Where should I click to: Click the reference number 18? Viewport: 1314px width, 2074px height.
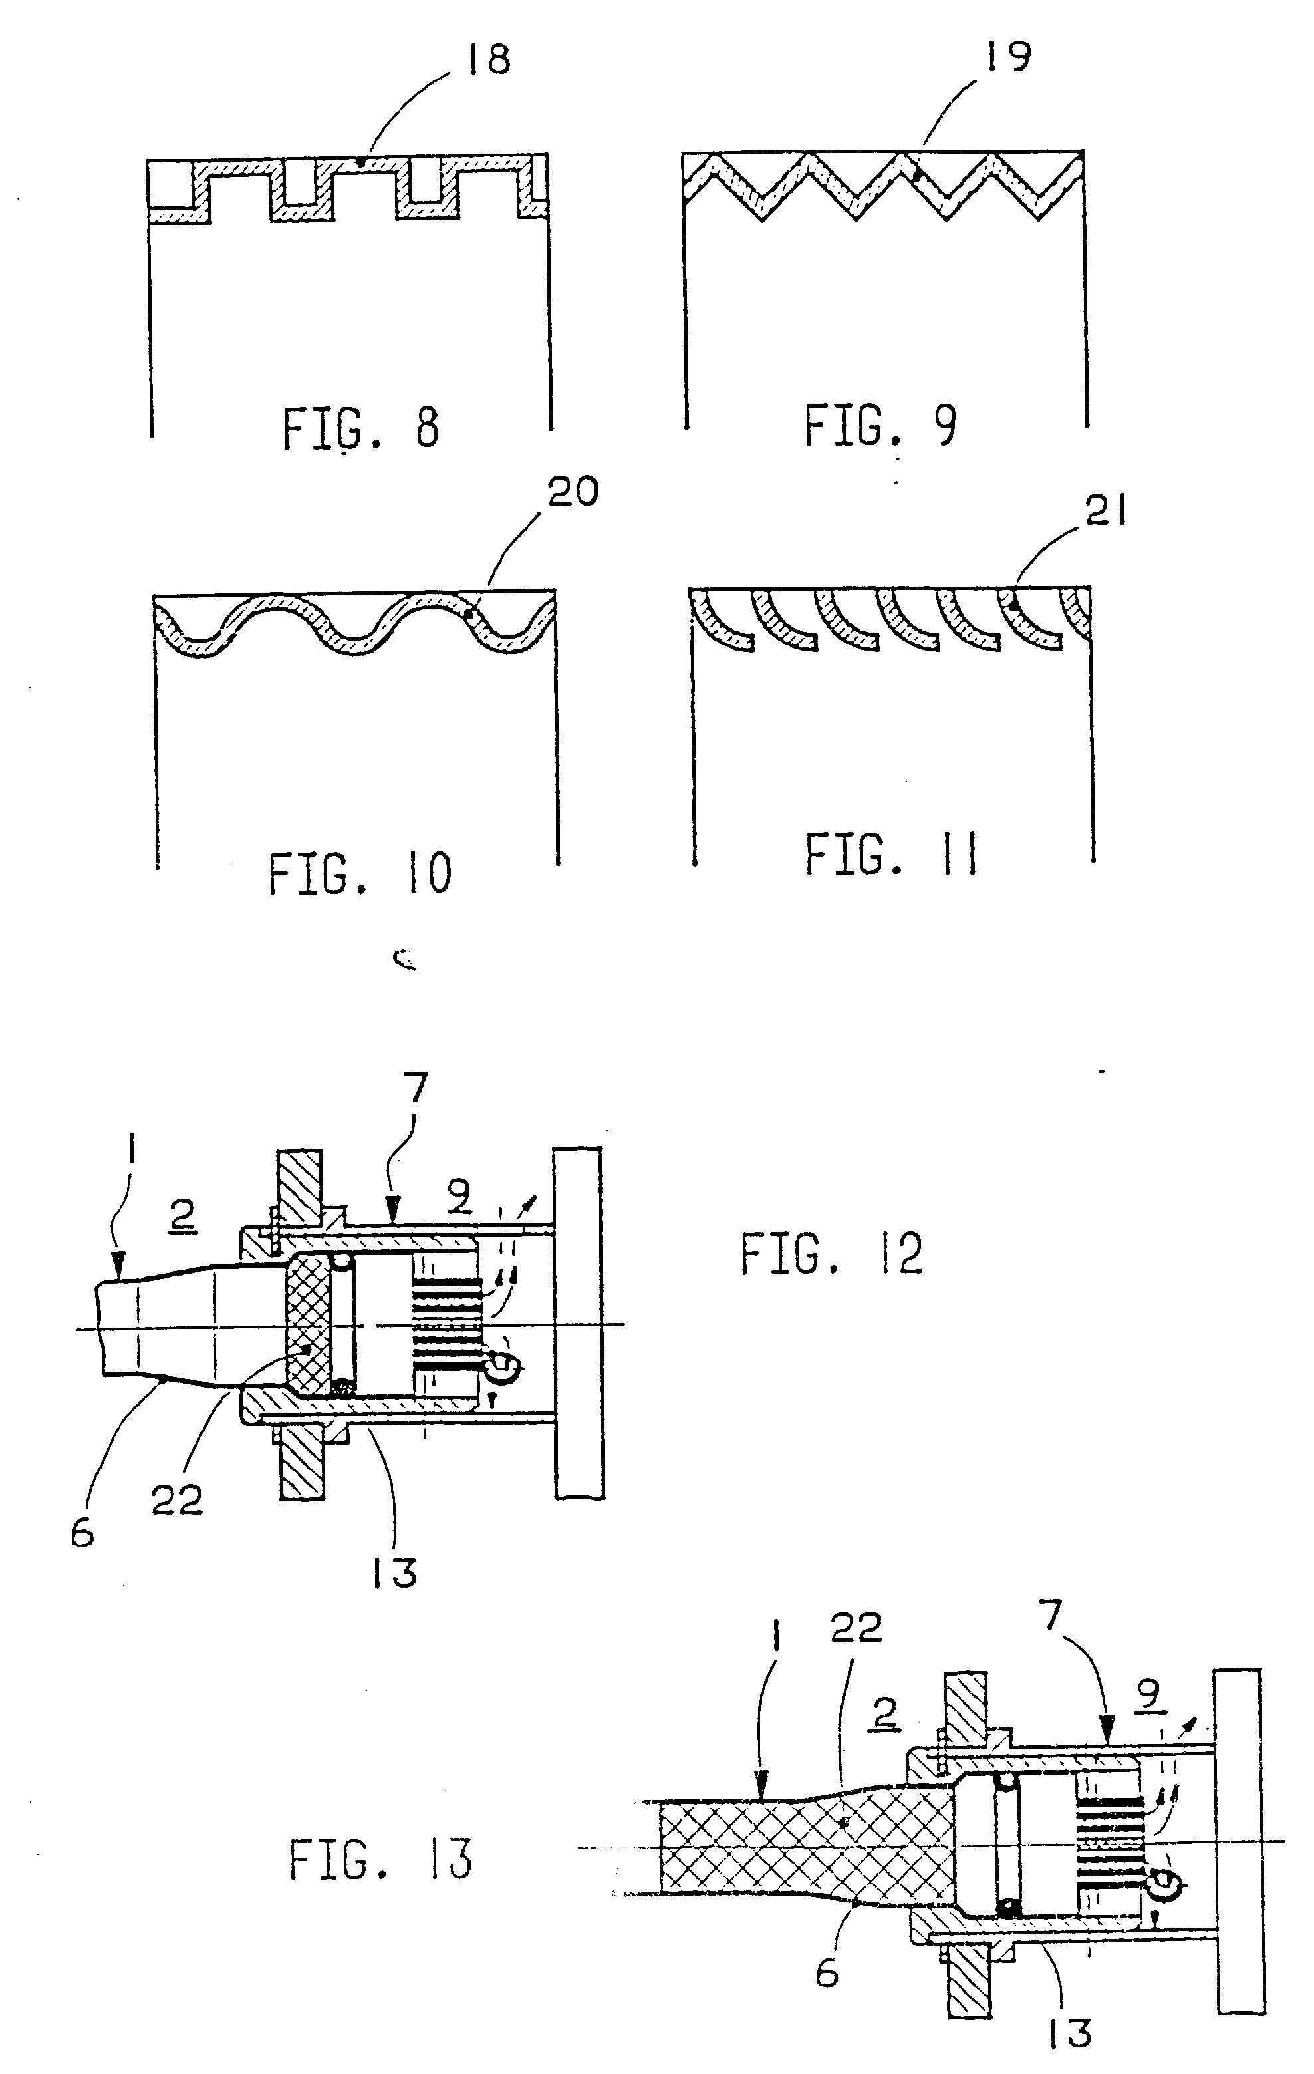(x=488, y=61)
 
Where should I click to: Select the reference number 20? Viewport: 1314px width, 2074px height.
(x=573, y=492)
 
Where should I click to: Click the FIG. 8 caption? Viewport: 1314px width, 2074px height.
(x=361, y=428)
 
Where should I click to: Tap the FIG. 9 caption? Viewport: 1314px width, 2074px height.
(x=880, y=426)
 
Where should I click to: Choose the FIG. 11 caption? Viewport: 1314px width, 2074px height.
(x=891, y=855)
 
